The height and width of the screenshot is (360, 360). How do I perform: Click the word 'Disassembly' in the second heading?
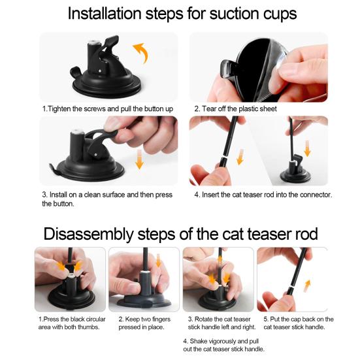(88, 234)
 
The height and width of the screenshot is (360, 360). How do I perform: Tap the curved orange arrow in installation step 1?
(141, 52)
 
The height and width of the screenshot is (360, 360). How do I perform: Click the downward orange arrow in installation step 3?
(139, 159)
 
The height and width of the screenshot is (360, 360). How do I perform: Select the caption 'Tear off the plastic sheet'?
(236, 108)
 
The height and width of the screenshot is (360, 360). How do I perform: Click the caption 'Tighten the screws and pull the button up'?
(107, 108)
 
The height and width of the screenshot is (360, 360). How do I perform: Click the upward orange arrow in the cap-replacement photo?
(307, 286)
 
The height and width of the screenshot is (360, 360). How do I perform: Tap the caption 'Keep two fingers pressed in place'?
(144, 323)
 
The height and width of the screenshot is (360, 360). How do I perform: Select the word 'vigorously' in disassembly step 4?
(220, 341)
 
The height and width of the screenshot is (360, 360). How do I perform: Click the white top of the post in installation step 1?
(94, 42)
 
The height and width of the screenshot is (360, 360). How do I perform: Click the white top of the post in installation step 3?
(76, 132)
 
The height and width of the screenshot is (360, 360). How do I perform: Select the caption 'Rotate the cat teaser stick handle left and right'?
(221, 323)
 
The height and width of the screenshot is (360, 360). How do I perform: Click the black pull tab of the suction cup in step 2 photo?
(227, 68)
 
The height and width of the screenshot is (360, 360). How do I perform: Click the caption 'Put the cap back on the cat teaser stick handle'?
(299, 323)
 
